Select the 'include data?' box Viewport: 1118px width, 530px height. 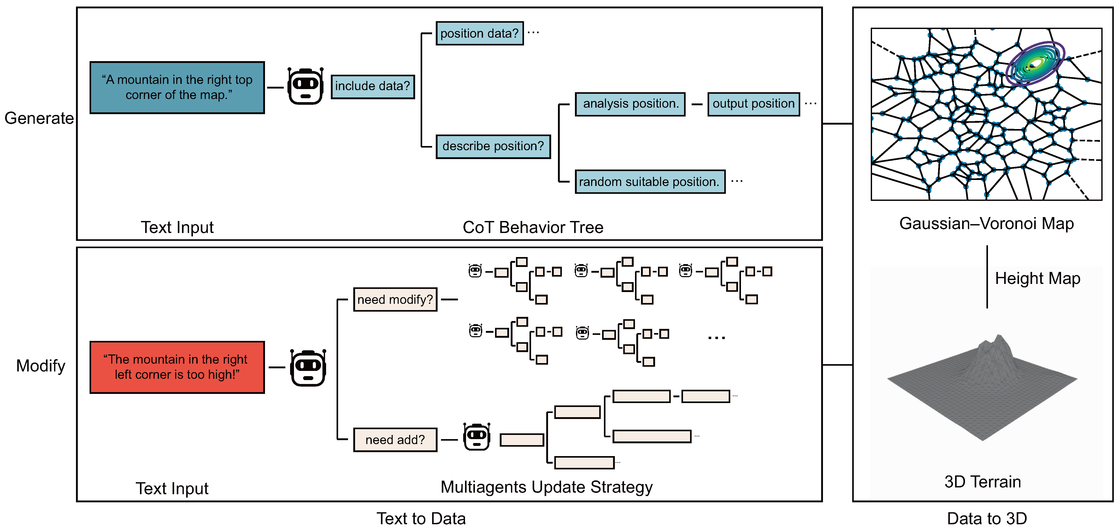(x=372, y=86)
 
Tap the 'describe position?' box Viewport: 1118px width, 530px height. (x=493, y=146)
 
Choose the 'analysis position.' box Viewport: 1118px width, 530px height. (x=630, y=104)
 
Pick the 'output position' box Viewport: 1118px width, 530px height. (x=754, y=104)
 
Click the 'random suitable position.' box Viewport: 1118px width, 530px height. (x=650, y=182)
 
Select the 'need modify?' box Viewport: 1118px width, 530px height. (x=395, y=300)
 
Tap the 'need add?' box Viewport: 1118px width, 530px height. (x=395, y=440)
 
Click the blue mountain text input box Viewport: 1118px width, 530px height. (x=177, y=87)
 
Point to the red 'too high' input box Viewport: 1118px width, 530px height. (x=177, y=367)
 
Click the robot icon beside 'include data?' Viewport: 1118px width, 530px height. (x=305, y=86)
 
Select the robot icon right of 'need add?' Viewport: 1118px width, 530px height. (x=476, y=437)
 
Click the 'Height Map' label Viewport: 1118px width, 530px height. (x=1037, y=278)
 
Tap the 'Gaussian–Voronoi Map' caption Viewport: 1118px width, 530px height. (x=986, y=224)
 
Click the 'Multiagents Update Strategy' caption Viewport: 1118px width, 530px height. (x=546, y=487)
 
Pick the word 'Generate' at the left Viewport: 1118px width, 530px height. (x=39, y=118)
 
